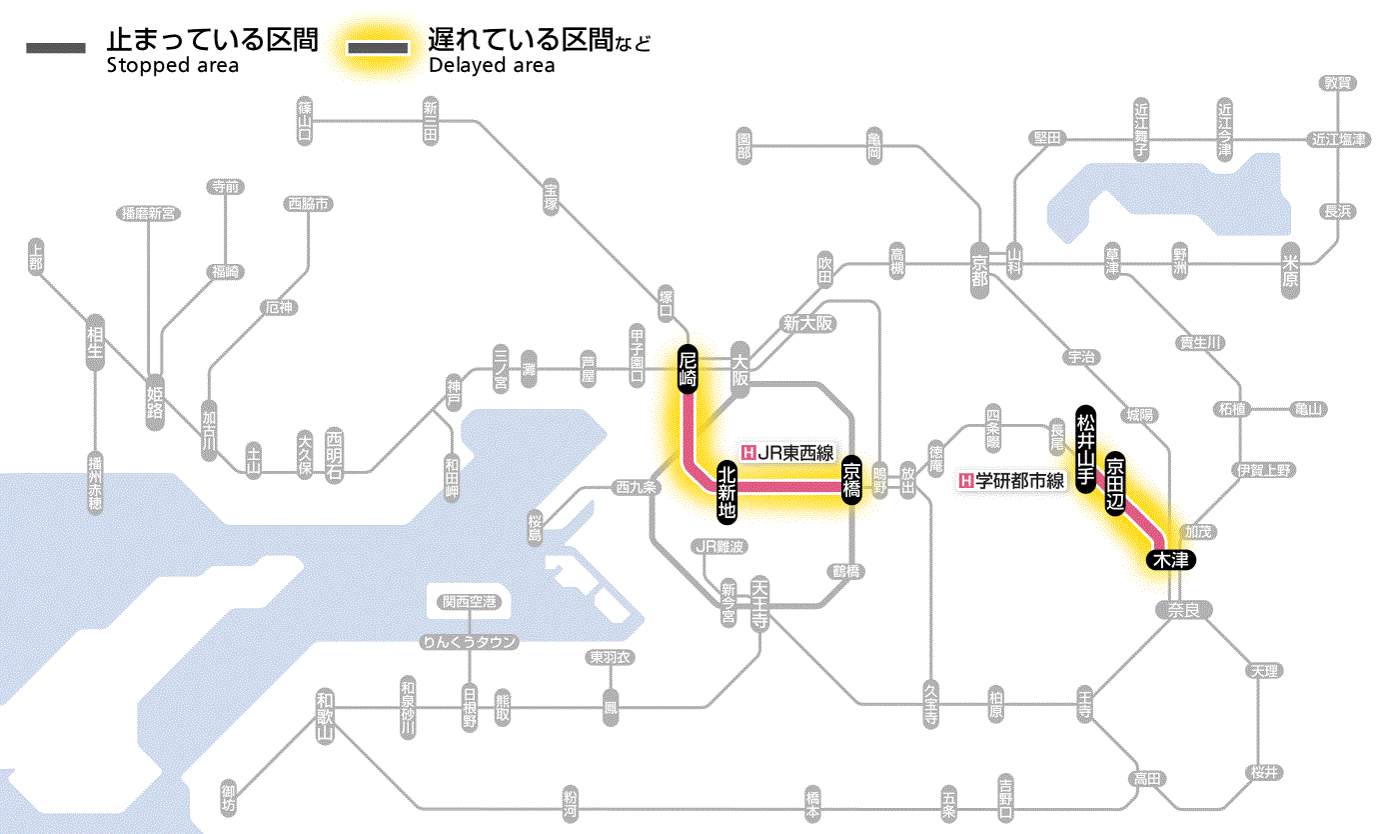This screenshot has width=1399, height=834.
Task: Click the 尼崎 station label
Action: point(688,370)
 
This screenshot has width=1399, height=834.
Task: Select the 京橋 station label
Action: point(851,481)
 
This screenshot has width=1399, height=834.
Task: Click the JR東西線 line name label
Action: point(787,452)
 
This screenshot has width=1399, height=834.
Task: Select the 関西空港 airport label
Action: point(470,602)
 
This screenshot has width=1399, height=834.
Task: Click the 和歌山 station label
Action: point(324,714)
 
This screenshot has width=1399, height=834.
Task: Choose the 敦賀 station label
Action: point(1337,83)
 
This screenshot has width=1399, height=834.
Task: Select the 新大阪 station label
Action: point(808,323)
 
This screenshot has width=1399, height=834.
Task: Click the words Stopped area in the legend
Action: point(172,66)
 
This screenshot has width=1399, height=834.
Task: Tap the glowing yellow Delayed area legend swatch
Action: point(378,48)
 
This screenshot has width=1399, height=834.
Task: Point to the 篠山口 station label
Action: point(305,118)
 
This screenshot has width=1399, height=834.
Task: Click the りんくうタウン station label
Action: point(470,642)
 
